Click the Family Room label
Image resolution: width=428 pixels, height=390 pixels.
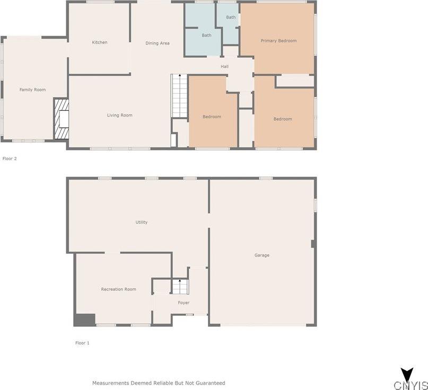[x=32, y=90]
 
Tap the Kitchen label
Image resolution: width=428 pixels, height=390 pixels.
[x=100, y=42]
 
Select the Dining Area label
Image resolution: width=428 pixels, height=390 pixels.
[x=158, y=43]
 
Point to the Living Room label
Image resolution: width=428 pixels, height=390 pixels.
[x=120, y=115]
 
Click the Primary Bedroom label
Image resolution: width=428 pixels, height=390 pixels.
[x=278, y=41]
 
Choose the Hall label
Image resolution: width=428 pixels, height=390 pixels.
[x=225, y=66]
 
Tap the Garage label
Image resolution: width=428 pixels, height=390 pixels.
[x=262, y=255]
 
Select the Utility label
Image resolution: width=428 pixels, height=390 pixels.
[x=142, y=223]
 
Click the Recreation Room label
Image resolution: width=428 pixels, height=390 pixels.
[x=119, y=289]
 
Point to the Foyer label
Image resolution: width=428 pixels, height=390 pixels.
[x=184, y=303]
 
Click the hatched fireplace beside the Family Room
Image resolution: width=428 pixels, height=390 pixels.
[x=61, y=119]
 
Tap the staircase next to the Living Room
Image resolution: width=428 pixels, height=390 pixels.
[x=179, y=96]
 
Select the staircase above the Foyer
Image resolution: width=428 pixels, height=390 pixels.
[x=180, y=287]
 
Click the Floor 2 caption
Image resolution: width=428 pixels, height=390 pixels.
[x=10, y=158]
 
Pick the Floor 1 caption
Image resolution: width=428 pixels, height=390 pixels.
[x=82, y=343]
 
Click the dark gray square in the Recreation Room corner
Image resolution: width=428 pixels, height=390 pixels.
[x=84, y=320]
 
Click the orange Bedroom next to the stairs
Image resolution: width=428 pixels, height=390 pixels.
[x=212, y=112]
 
